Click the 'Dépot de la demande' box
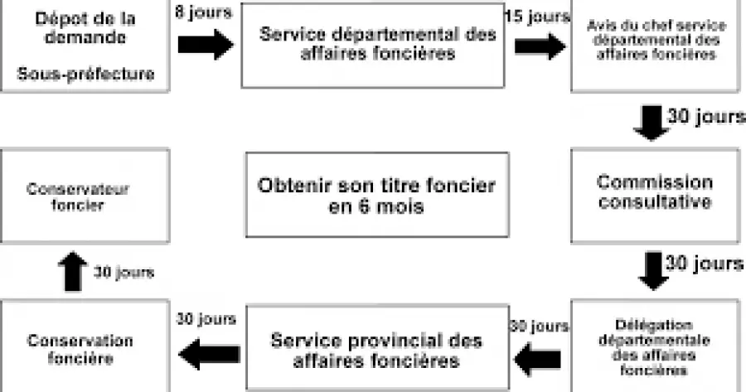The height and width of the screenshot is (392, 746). [x=85, y=46]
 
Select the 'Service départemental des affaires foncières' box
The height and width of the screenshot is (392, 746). [x=373, y=46]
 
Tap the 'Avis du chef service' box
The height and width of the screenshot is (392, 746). [x=656, y=46]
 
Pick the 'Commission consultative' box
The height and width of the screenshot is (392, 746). [x=656, y=196]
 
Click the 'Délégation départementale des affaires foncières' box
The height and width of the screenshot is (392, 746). [x=656, y=346]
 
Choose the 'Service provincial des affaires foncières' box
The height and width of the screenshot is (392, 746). [x=378, y=348]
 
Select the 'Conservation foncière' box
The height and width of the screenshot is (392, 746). [x=85, y=346]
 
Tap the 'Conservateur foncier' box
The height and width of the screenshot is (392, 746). [x=85, y=196]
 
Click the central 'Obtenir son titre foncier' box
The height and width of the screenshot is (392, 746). [x=377, y=195]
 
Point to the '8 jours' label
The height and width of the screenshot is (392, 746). [x=203, y=12]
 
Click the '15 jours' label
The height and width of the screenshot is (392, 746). [x=537, y=17]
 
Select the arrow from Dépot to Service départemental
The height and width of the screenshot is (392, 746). [x=206, y=45]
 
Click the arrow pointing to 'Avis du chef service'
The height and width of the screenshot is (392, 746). [x=540, y=46]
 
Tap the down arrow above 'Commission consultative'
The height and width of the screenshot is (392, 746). [x=651, y=123]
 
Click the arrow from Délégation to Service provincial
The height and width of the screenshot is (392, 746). [x=538, y=359]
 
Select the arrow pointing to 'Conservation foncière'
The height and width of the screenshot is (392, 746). [x=210, y=354]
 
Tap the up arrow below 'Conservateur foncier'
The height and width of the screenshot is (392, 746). [x=72, y=271]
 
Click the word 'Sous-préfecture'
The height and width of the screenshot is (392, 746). [x=85, y=74]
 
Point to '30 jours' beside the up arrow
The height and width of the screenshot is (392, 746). [x=124, y=272]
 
